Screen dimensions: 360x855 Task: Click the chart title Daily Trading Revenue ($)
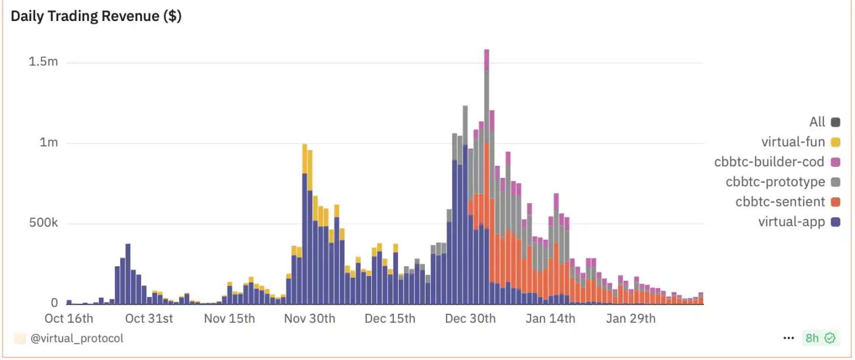click(96, 16)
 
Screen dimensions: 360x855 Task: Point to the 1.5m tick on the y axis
click(44, 62)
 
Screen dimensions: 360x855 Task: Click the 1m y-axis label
click(48, 142)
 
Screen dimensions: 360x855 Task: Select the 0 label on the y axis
click(54, 303)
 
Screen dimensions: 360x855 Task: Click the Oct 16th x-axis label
click(69, 319)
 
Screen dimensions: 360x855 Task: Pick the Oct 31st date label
click(149, 319)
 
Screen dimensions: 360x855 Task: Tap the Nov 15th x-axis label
click(229, 319)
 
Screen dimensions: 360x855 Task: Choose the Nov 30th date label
click(309, 319)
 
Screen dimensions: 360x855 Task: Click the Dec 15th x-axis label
click(390, 319)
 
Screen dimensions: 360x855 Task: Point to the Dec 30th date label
click(470, 319)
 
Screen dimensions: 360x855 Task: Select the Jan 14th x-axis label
click(550, 319)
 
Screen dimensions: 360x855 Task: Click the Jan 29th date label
click(630, 319)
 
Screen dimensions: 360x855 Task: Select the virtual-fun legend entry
click(800, 142)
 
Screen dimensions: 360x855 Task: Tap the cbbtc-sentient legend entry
click(787, 202)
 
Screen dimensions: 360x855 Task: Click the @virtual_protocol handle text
click(77, 338)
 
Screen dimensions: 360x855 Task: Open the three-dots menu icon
click(789, 338)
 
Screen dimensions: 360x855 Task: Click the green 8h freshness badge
click(820, 338)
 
